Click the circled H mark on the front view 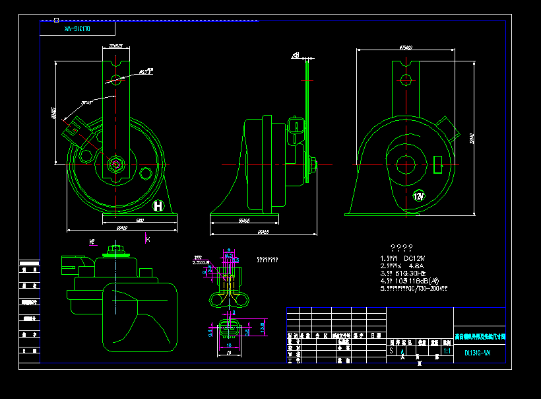[158, 206]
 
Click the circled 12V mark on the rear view [419, 196]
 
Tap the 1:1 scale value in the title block [447, 352]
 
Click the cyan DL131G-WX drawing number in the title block [478, 353]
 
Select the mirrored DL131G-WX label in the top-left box [77, 29]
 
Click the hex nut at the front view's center [116, 163]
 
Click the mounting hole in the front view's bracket [116, 81]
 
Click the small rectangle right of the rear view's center [437, 163]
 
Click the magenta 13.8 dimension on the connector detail [263, 326]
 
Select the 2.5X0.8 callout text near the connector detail [200, 262]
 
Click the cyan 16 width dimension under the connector [229, 345]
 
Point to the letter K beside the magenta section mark [148, 238]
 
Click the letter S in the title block [391, 352]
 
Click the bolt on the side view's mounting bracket [311, 162]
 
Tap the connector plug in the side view [296, 126]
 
